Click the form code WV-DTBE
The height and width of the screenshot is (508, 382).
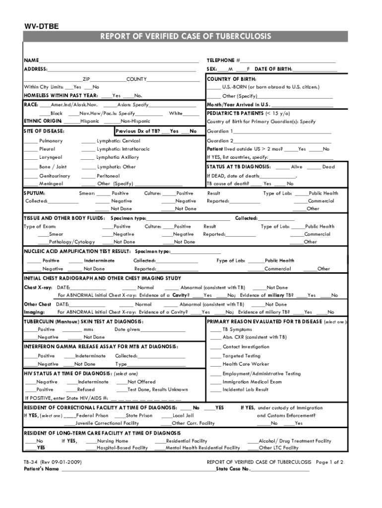click(x=42, y=26)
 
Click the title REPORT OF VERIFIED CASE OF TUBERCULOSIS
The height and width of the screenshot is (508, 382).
click(x=186, y=37)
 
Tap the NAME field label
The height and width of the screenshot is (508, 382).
click(x=31, y=60)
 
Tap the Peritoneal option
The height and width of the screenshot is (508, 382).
click(x=108, y=176)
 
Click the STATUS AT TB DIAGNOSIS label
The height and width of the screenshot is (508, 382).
click(x=239, y=167)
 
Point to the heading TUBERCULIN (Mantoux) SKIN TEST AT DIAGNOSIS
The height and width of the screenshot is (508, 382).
click(x=83, y=321)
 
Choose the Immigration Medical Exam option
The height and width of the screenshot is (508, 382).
click(x=252, y=382)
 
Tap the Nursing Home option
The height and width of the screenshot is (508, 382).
click(x=113, y=441)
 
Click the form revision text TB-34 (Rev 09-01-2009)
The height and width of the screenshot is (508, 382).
click(x=53, y=462)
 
